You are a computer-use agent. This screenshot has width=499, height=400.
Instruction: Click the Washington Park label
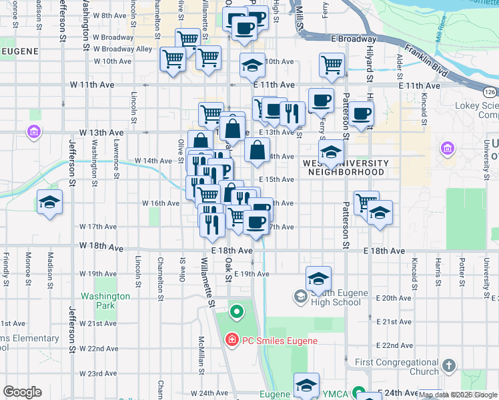click(105, 301)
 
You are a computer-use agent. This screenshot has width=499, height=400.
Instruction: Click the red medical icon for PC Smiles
click(231, 341)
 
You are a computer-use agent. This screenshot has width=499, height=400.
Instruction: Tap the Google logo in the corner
click(22, 392)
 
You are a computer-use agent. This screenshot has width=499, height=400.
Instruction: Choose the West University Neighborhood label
click(346, 167)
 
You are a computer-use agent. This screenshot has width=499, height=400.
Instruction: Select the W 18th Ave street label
click(101, 247)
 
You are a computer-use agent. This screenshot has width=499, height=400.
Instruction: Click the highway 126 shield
click(489, 91)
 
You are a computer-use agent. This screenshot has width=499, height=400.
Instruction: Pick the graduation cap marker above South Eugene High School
click(319, 277)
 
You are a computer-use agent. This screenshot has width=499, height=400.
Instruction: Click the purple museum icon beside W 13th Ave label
click(33, 133)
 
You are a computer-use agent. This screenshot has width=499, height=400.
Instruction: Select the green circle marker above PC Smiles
click(236, 311)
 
